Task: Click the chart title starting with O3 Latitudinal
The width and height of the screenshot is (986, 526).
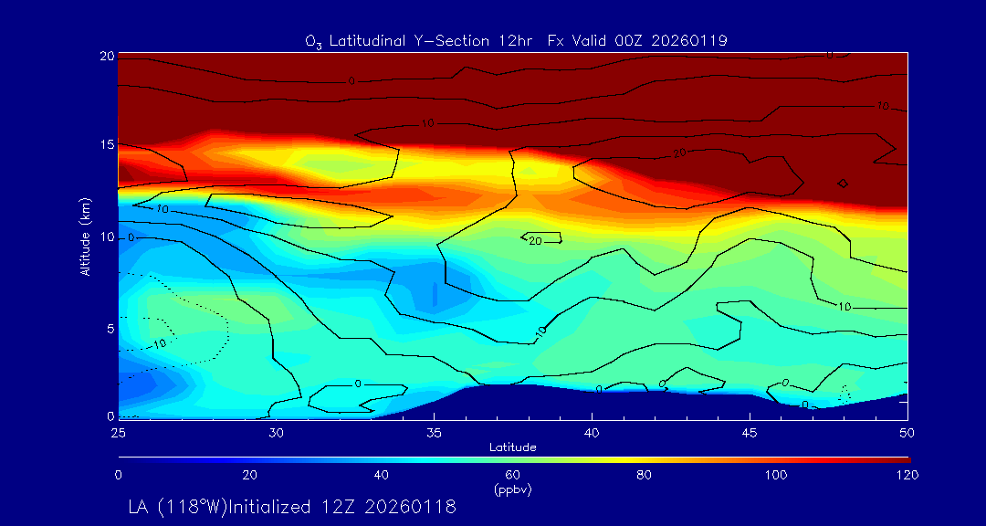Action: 516,40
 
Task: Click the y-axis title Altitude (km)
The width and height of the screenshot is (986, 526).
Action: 85,236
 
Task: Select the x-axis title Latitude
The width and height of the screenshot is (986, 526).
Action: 512,447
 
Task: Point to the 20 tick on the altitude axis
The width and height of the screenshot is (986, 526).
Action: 107,56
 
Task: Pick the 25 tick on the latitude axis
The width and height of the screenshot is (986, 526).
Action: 119,431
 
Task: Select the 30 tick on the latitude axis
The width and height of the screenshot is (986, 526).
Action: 277,431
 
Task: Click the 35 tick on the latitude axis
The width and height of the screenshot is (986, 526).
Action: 435,431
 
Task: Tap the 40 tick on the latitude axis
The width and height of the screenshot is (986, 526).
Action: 593,431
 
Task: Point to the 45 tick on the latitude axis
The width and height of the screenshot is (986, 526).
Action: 750,431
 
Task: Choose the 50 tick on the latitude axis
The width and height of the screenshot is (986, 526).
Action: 907,431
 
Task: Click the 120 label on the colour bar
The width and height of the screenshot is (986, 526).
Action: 907,475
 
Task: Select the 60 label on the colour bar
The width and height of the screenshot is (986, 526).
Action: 513,475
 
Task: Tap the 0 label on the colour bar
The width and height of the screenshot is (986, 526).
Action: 119,475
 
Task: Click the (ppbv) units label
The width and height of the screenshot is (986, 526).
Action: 513,489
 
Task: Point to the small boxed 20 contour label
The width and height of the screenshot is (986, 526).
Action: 536,238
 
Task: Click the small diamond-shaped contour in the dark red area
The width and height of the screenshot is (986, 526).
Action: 843,184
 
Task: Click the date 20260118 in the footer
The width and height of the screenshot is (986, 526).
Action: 410,506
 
